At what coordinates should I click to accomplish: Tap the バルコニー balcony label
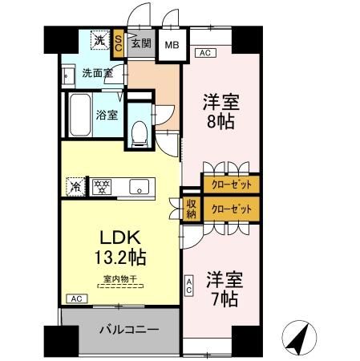[128, 330]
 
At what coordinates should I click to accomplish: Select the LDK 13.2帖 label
[121, 247]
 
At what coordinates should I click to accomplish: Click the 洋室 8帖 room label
[220, 112]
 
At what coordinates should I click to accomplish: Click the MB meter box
[172, 44]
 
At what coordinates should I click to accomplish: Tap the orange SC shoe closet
[119, 43]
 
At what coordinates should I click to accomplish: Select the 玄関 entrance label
[140, 43]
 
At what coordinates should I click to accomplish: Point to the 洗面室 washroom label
[97, 74]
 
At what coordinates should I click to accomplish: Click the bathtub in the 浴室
[80, 114]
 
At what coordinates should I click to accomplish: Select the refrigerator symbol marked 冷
[75, 187]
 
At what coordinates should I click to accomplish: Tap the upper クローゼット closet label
[230, 184]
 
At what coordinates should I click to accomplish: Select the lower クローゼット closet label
[230, 209]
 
